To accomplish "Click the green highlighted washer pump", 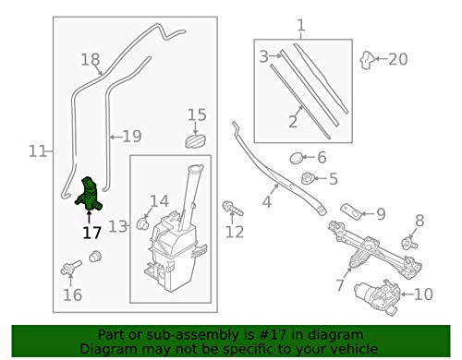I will click(x=90, y=195).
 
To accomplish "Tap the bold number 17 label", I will click(x=91, y=233).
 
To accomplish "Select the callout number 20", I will click(x=397, y=59).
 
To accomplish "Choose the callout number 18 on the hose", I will click(x=89, y=60).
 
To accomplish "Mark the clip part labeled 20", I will click(x=368, y=61).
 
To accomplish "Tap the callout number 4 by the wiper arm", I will click(x=269, y=200).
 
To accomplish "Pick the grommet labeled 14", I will click(x=144, y=222).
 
